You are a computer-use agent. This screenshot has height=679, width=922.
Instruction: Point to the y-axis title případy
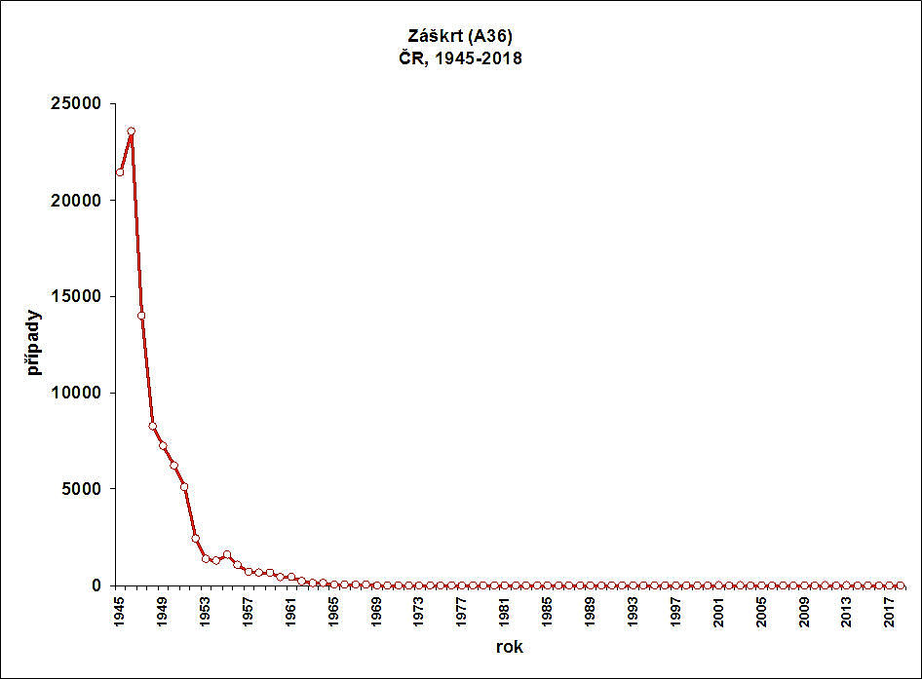point(34,343)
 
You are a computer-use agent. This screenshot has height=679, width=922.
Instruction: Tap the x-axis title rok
point(508,645)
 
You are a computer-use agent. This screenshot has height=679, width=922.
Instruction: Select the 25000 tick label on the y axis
point(81,104)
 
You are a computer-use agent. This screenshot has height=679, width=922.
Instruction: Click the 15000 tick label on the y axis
point(81,297)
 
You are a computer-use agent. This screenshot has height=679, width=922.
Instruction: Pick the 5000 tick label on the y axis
point(86,489)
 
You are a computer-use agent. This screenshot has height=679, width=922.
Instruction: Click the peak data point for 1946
point(131,131)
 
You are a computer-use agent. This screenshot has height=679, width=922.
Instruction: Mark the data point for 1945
point(120,171)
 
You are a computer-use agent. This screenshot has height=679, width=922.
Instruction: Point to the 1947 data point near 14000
point(141,316)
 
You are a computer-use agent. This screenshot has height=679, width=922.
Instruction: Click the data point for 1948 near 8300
point(152,426)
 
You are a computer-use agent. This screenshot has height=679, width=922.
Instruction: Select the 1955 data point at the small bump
point(227,554)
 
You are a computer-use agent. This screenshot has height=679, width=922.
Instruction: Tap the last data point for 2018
point(901,585)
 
